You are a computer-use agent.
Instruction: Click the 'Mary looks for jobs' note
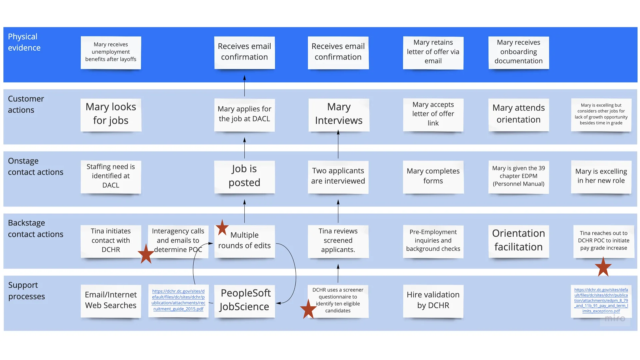click(111, 114)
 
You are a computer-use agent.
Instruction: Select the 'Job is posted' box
click(244, 176)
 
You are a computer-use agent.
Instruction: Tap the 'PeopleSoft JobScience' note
click(244, 300)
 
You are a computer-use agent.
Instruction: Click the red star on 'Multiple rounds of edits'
click(222, 228)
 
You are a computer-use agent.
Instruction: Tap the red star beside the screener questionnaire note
click(308, 309)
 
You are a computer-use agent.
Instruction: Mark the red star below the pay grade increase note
click(603, 267)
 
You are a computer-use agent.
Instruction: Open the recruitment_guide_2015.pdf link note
click(178, 300)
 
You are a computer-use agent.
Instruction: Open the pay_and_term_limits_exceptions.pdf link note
click(601, 300)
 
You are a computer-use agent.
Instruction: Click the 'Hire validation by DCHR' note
click(433, 300)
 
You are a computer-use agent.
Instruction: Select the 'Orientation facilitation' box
click(518, 240)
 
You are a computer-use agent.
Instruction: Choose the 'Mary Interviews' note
click(338, 114)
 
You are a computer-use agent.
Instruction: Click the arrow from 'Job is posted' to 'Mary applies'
click(244, 148)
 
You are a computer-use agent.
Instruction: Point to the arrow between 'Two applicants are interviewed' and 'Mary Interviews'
click(338, 145)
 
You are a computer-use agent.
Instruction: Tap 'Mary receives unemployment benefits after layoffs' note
click(111, 52)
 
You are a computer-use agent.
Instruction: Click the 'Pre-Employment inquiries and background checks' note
click(433, 241)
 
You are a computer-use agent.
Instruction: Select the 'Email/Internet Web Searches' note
click(111, 300)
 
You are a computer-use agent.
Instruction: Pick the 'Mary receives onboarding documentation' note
click(518, 52)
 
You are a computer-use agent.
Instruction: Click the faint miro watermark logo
click(615, 318)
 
